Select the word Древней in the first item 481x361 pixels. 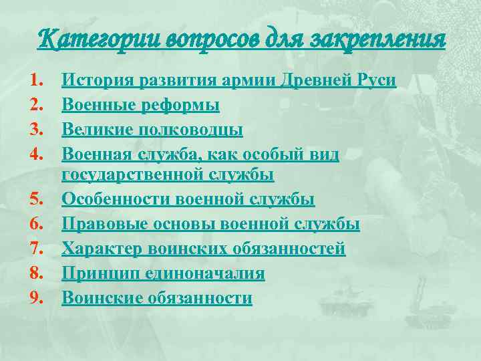click(x=312, y=81)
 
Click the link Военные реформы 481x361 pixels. click(x=140, y=106)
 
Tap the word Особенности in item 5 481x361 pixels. click(x=116, y=200)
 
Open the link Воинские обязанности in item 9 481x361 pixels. click(x=157, y=298)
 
